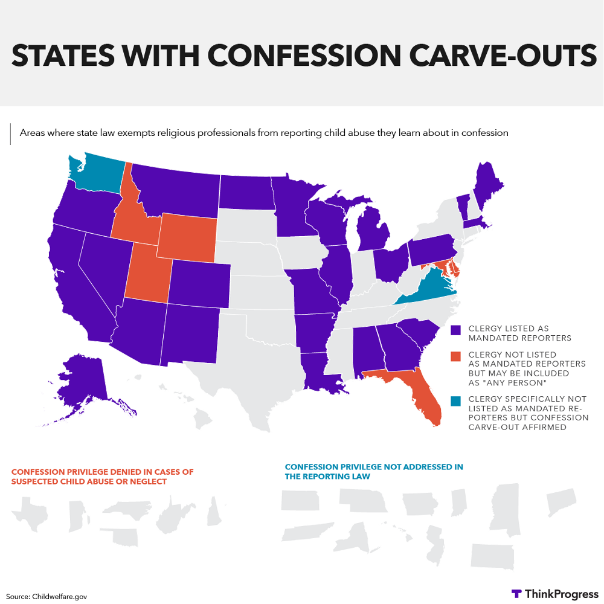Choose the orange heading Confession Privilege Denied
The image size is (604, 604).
coord(103,477)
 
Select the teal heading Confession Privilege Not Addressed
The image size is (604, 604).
coord(374,471)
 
